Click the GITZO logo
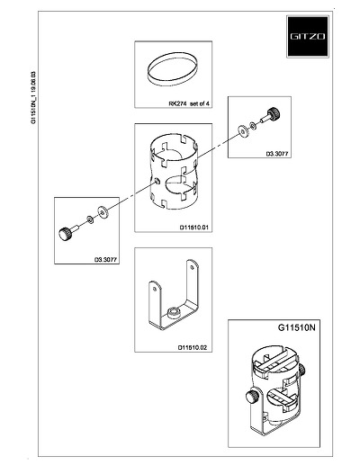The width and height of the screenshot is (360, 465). click(x=308, y=36)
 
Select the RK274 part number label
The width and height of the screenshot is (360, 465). click(x=178, y=103)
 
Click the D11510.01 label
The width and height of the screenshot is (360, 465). click(x=193, y=228)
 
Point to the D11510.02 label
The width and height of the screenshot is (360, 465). click(x=193, y=348)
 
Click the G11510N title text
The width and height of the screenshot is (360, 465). click(x=297, y=327)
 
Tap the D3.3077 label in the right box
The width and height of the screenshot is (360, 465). click(x=277, y=154)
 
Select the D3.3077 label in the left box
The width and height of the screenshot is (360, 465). click(x=105, y=260)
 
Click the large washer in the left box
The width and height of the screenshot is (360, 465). click(x=103, y=212)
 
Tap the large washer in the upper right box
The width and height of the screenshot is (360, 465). click(x=243, y=131)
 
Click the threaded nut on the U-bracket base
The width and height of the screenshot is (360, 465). click(x=174, y=313)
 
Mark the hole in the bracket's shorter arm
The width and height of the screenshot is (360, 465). click(x=155, y=289)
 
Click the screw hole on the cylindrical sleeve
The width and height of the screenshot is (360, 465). click(x=157, y=181)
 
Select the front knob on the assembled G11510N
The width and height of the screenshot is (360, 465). click(x=253, y=397)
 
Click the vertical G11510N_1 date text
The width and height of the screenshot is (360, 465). click(x=34, y=98)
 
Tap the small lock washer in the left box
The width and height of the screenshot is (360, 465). click(x=90, y=219)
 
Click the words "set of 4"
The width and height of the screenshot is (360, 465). click(x=200, y=103)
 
